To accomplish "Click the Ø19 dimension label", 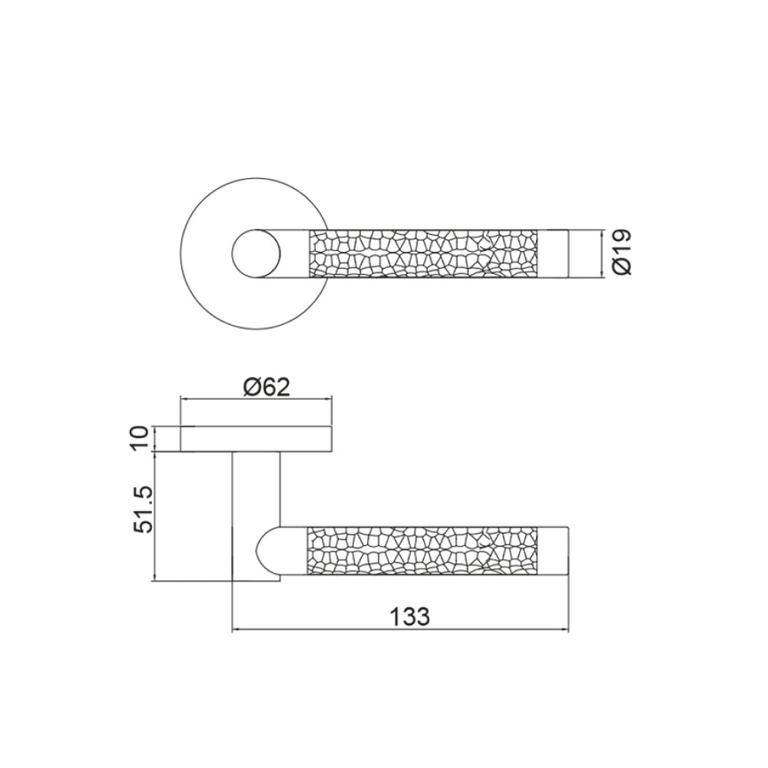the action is pyautogui.click(x=622, y=253).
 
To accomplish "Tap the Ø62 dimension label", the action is pyautogui.click(x=267, y=387).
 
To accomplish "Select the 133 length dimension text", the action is pyautogui.click(x=409, y=616).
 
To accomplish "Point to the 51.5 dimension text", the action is pyautogui.click(x=144, y=511).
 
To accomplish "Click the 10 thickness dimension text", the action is pyautogui.click(x=140, y=439).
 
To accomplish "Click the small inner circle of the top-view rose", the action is pyautogui.click(x=257, y=253).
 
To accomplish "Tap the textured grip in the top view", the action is pyautogui.click(x=423, y=253).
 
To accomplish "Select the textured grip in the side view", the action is pyautogui.click(x=422, y=551).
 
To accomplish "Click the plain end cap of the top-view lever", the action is pyautogui.click(x=554, y=253).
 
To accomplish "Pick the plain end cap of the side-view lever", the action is pyautogui.click(x=554, y=551).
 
